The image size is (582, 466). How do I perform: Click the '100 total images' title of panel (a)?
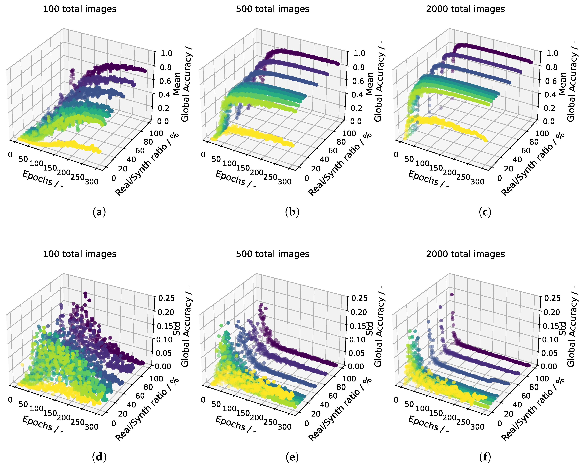[x=80, y=9]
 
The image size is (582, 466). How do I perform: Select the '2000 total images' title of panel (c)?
[x=465, y=9]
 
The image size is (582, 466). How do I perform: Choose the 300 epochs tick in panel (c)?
[x=477, y=182]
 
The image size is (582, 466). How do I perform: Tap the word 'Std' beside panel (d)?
[x=177, y=329]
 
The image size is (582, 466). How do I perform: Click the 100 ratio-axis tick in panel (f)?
[x=542, y=378]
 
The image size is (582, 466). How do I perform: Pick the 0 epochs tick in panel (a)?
[x=10, y=155]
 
